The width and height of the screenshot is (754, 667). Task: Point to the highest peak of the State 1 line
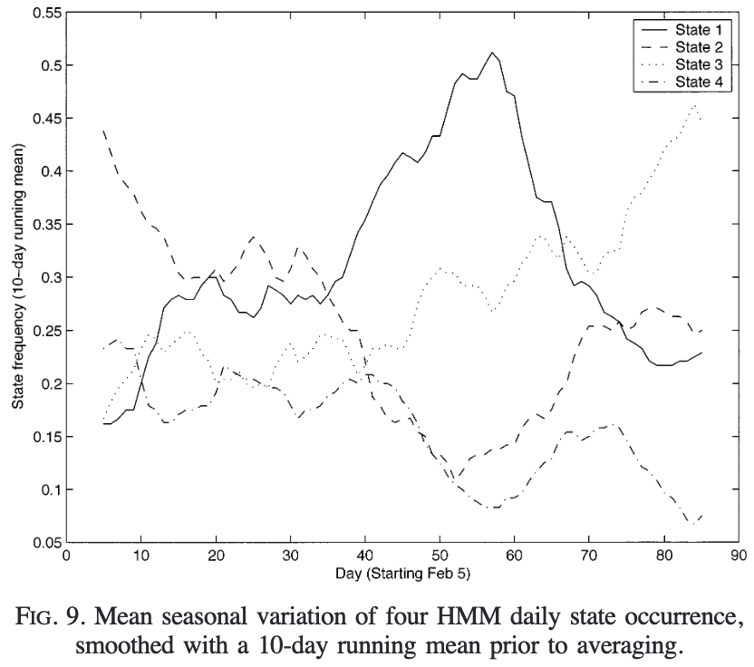[491, 53]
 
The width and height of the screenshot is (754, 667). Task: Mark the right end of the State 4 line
[701, 515]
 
